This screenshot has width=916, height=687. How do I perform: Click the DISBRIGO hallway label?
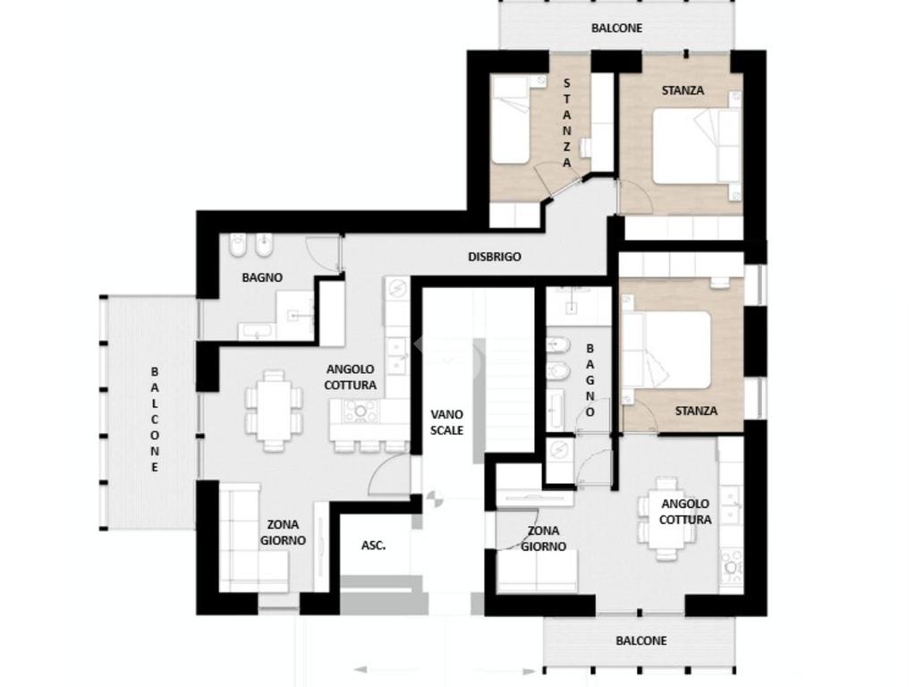click(x=494, y=257)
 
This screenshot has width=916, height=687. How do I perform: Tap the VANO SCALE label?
click(x=447, y=422)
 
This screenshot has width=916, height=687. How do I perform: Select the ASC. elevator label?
click(x=373, y=546)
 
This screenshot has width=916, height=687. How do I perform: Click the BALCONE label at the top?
click(x=616, y=28)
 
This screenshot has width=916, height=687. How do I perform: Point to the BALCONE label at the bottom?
click(x=640, y=640)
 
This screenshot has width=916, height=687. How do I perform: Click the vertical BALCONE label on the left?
click(x=155, y=419)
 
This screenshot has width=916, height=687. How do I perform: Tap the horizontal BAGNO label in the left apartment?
click(x=262, y=277)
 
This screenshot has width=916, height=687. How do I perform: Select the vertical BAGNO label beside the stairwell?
click(x=590, y=380)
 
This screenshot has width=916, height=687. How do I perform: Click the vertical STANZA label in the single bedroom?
click(x=566, y=123)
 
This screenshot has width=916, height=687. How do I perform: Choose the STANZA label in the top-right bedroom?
click(x=683, y=90)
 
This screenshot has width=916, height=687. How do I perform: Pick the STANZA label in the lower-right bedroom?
click(x=696, y=411)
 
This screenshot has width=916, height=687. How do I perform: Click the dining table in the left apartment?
click(x=274, y=410)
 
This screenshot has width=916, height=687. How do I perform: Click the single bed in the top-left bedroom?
click(x=511, y=120)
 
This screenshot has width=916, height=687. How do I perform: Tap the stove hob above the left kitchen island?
click(x=360, y=411)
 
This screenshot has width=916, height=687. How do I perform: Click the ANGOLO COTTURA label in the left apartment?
click(x=350, y=377)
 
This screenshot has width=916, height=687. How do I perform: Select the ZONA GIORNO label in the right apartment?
click(x=543, y=539)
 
